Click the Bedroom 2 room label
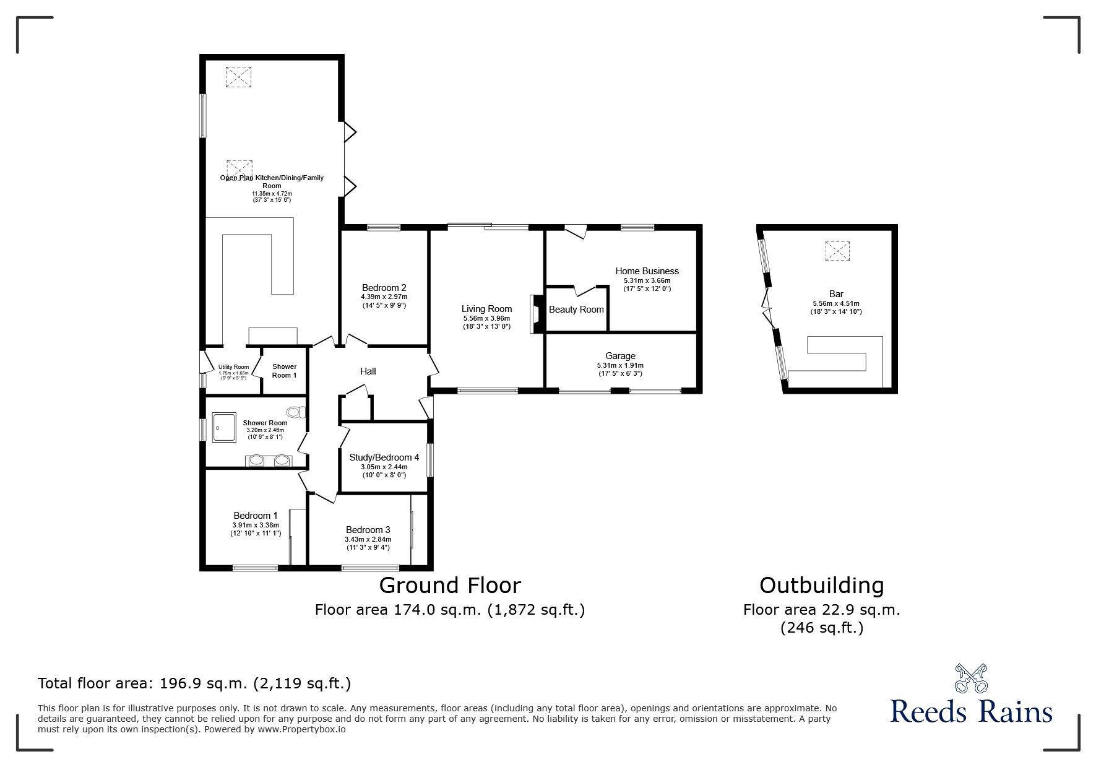pyautogui.click(x=384, y=288)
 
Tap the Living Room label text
pyautogui.click(x=486, y=309)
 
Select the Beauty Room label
pyautogui.click(x=576, y=310)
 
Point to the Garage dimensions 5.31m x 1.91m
pyautogui.click(x=620, y=366)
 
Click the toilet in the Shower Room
pyautogui.click(x=296, y=412)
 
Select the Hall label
pyautogui.click(x=368, y=371)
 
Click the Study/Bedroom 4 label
pyautogui.click(x=384, y=457)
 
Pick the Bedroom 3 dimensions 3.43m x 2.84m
pyautogui.click(x=368, y=539)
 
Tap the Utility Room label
pyautogui.click(x=233, y=367)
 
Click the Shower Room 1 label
pyautogui.click(x=285, y=371)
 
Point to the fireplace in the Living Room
pyautogui.click(x=536, y=314)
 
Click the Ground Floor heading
pyautogui.click(x=450, y=585)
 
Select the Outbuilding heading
pyautogui.click(x=821, y=585)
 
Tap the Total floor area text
pyautogui.click(x=194, y=683)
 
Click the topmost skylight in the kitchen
pyautogui.click(x=239, y=77)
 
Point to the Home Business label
pyautogui.click(x=647, y=271)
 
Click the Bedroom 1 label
pyautogui.click(x=255, y=516)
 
